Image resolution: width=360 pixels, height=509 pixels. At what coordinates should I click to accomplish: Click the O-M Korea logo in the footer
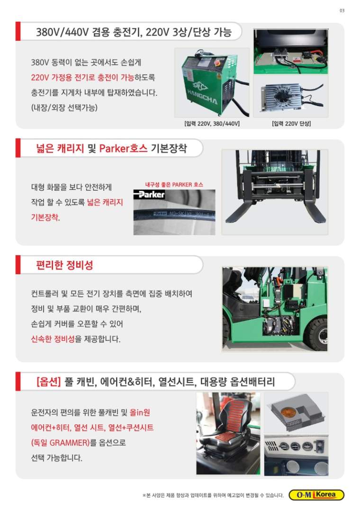click(x=316, y=495)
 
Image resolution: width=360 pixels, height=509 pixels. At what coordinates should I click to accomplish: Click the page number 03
click(x=342, y=11)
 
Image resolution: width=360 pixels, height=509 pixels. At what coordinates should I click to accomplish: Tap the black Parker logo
click(x=149, y=195)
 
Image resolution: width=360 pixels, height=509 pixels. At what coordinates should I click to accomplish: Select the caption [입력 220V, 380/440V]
click(x=212, y=124)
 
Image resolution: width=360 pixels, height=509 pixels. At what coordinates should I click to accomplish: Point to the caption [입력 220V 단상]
click(x=291, y=124)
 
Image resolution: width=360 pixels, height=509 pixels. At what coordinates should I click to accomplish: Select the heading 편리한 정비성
click(x=64, y=265)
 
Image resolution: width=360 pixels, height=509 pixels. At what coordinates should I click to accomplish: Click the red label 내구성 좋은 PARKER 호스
click(x=174, y=185)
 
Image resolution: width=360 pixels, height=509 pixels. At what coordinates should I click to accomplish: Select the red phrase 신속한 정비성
click(x=53, y=339)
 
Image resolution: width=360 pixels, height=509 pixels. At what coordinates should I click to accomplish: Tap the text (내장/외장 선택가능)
click(x=64, y=107)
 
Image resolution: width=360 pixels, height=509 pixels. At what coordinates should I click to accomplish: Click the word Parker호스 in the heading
click(x=123, y=148)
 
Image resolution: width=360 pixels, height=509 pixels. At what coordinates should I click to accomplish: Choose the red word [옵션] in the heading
click(x=49, y=382)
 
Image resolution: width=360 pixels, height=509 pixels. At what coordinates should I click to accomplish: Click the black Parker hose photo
click(x=174, y=212)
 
